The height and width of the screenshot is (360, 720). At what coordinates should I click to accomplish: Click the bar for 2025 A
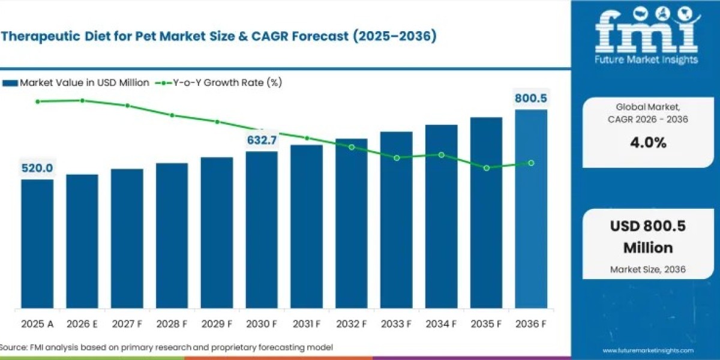click(37, 244)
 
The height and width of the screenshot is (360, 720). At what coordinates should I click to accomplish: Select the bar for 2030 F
click(262, 230)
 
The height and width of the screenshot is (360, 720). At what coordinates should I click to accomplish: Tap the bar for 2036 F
click(531, 209)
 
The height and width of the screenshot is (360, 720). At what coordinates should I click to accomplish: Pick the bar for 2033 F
click(397, 220)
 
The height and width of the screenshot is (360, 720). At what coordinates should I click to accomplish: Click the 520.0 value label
click(37, 168)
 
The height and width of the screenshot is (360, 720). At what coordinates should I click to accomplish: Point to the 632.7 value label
click(262, 140)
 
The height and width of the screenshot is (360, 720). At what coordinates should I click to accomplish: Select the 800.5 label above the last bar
click(530, 98)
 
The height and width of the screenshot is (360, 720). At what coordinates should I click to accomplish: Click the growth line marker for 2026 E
click(82, 101)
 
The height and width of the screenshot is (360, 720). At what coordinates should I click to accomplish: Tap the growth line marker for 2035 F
click(487, 168)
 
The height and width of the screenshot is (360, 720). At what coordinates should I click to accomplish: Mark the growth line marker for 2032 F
click(352, 147)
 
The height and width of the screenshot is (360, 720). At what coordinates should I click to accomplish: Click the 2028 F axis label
click(172, 324)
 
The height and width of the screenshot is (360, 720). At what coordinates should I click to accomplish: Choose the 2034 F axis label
click(441, 324)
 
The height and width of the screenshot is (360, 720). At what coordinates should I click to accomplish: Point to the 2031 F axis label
click(307, 324)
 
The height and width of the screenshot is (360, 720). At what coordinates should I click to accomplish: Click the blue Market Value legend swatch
click(10, 83)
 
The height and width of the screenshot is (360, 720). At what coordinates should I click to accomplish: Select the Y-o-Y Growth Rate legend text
click(227, 83)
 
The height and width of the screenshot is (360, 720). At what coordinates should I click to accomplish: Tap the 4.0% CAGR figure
click(648, 142)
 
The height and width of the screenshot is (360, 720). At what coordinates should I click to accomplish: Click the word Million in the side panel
click(648, 248)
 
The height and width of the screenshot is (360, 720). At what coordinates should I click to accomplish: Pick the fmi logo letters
click(646, 32)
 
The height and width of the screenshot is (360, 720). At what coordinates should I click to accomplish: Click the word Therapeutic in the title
click(41, 37)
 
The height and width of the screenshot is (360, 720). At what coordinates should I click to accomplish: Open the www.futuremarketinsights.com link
click(648, 350)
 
